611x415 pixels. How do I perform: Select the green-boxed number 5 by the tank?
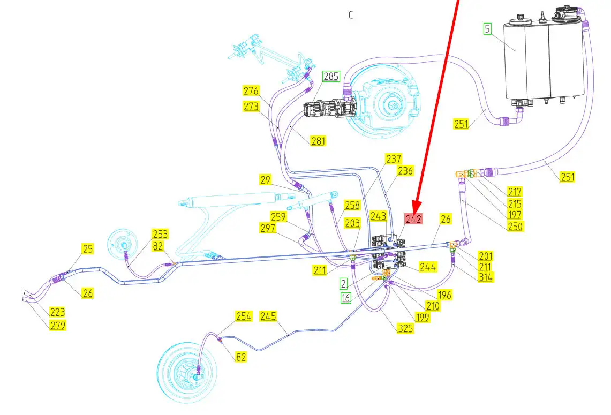(x=487, y=29)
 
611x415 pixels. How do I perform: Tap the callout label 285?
(x=331, y=77)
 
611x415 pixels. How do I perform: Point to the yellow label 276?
(x=251, y=90)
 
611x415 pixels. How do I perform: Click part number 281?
(x=318, y=141)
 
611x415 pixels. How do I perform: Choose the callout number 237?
(x=394, y=159)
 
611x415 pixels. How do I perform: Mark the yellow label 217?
(x=515, y=192)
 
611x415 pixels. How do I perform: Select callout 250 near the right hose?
(x=515, y=227)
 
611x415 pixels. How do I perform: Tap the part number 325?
(x=405, y=328)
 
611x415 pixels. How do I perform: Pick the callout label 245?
(x=268, y=316)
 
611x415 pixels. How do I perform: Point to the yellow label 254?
(x=243, y=316)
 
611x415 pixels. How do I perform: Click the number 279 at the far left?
(x=58, y=325)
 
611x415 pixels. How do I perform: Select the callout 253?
(x=160, y=234)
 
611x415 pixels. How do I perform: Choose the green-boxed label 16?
(x=346, y=298)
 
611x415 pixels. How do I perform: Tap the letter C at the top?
(x=351, y=15)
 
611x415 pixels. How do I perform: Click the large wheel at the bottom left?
(x=190, y=372)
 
